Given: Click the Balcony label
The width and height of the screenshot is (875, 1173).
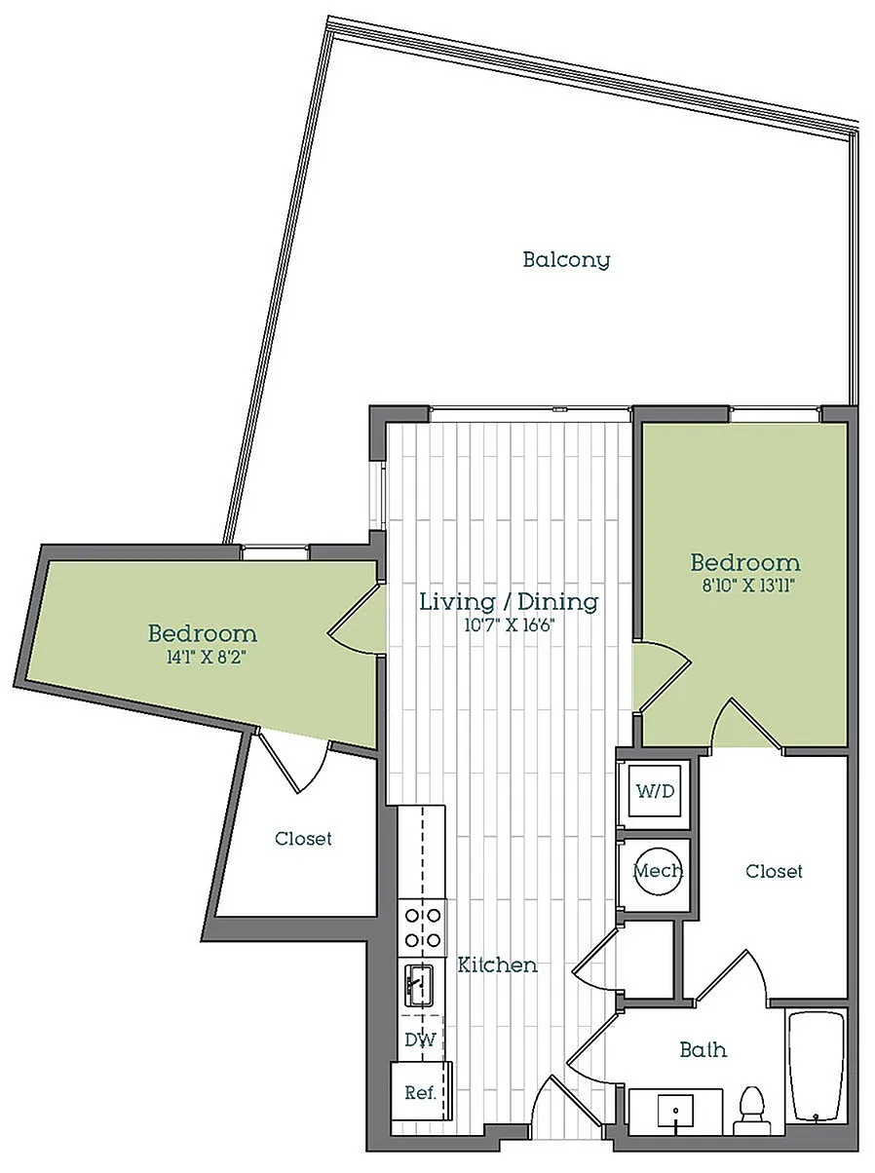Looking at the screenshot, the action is (566, 260).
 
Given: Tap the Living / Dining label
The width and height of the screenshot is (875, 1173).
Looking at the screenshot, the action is (509, 601).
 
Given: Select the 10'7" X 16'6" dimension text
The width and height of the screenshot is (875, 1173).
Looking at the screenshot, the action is (509, 625).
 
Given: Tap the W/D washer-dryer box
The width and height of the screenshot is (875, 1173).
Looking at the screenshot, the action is (655, 791).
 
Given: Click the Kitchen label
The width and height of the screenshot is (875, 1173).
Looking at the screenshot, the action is (497, 965).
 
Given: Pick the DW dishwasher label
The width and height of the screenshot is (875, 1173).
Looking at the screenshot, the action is (420, 1040).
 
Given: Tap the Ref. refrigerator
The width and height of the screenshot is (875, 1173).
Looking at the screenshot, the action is (422, 1092).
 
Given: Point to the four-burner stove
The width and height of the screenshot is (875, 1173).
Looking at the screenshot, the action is (422, 927).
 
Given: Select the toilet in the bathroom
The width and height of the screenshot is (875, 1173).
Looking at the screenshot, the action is (752, 1110).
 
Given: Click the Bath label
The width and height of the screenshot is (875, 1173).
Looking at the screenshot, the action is (703, 1050).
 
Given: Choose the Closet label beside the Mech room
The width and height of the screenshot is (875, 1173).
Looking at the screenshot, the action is (774, 872).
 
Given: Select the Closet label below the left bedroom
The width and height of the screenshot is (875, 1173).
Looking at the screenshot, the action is (303, 839).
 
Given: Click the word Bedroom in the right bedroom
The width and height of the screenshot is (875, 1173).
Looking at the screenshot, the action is (745, 563).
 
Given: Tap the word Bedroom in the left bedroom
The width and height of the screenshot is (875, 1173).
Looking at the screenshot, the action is (203, 633).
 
